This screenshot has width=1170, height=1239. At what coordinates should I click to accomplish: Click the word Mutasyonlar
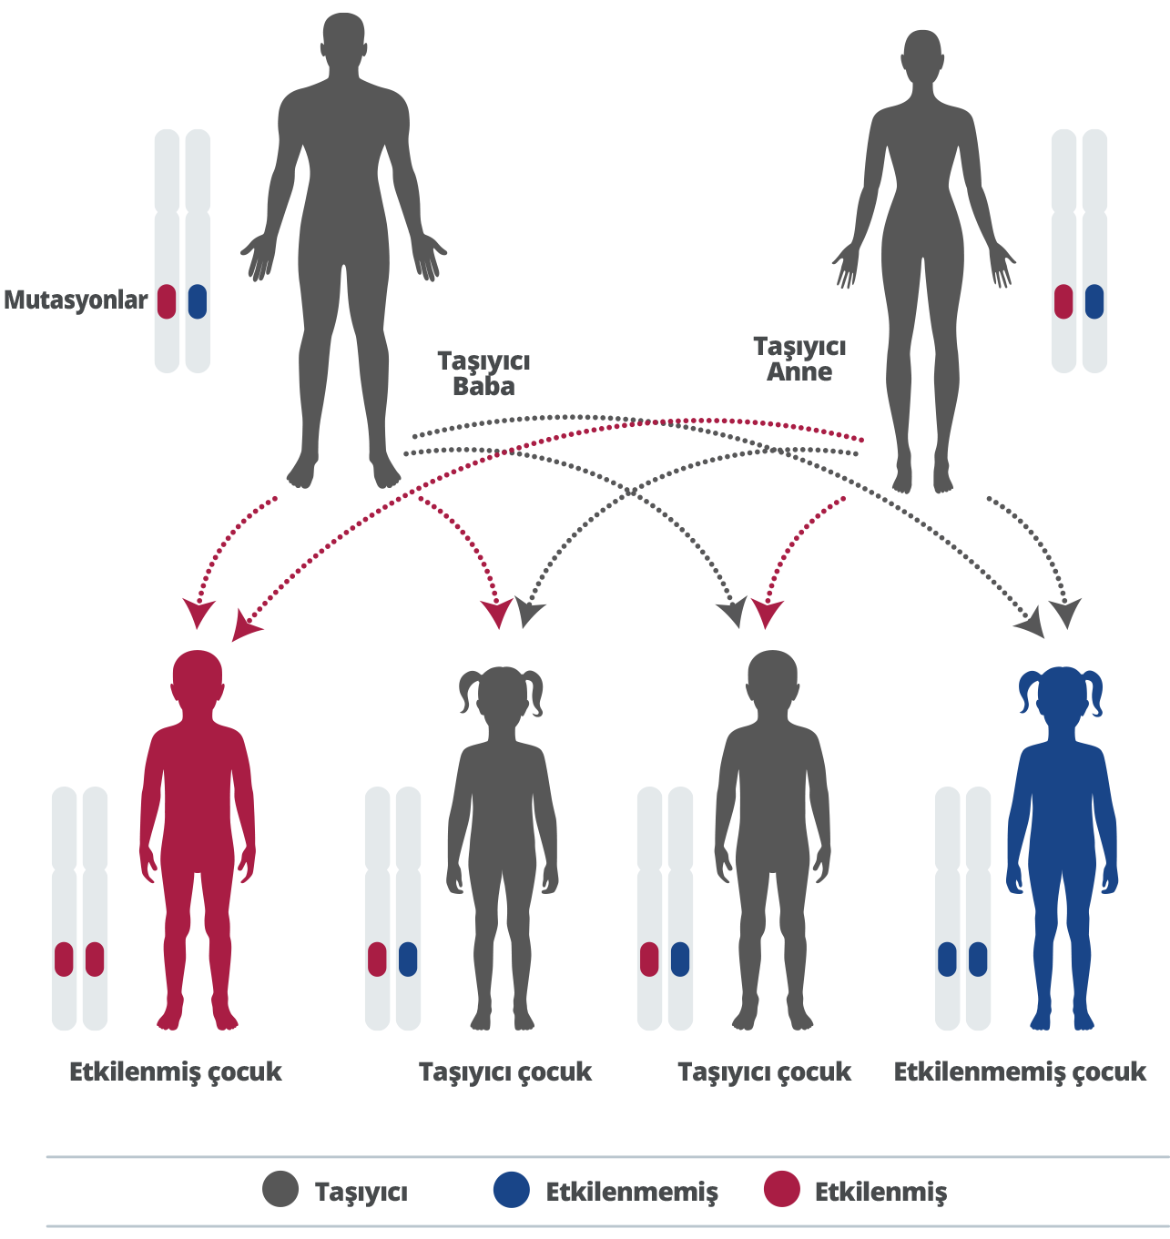[76, 300]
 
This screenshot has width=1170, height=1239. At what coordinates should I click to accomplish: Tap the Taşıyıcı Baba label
[483, 373]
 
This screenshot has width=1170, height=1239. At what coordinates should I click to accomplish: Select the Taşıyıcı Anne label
[799, 359]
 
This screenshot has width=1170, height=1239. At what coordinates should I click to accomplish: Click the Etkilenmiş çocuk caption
[176, 1071]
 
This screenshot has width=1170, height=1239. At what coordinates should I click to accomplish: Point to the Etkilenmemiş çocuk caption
[1020, 1071]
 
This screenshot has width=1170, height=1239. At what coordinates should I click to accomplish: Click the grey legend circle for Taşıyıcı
[280, 1190]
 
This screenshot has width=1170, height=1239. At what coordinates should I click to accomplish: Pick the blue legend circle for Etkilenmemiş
[512, 1190]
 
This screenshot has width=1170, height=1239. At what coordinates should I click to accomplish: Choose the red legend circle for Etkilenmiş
[781, 1190]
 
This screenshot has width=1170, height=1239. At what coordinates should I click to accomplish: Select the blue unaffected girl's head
[1061, 694]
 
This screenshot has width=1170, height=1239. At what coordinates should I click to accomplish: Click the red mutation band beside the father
[167, 301]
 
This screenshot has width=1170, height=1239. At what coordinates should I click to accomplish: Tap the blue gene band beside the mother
[1094, 301]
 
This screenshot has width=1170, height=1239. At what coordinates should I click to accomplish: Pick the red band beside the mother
[1063, 301]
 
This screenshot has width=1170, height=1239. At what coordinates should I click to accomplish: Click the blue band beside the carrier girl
[408, 959]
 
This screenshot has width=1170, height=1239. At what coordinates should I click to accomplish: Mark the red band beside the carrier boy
[649, 959]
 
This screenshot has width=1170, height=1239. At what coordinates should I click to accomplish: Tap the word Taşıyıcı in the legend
[361, 1192]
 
